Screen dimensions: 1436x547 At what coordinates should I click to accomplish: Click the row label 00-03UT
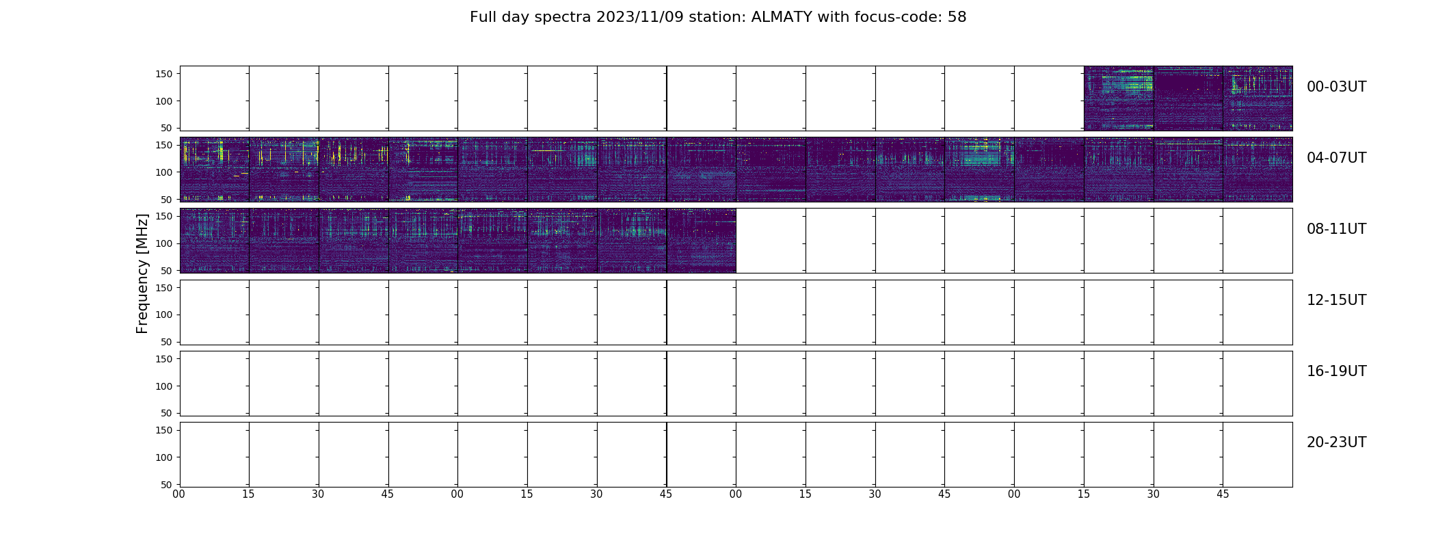click(1336, 87)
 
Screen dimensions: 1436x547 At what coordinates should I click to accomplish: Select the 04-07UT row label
click(1336, 158)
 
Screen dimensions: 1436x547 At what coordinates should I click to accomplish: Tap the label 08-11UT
click(1336, 229)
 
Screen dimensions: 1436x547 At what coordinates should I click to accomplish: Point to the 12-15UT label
click(1336, 300)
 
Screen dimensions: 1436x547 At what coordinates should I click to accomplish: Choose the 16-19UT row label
click(1336, 371)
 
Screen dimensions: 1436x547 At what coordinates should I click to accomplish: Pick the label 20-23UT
click(1336, 442)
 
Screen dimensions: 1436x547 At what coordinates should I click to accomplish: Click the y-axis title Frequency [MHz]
click(142, 273)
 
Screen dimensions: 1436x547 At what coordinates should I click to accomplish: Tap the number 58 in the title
click(957, 17)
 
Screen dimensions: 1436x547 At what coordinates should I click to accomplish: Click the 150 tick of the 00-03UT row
click(163, 75)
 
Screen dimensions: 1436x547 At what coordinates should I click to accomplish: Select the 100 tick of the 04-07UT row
click(163, 172)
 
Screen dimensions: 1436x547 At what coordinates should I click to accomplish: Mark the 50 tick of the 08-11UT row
click(167, 271)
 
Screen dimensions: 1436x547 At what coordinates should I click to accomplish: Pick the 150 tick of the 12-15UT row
click(163, 288)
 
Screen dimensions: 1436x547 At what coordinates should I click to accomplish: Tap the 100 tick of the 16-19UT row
click(163, 386)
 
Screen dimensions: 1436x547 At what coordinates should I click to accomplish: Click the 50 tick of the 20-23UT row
click(167, 485)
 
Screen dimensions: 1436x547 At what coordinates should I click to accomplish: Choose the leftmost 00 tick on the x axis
click(179, 494)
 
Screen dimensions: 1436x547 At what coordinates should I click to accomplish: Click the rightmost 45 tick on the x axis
click(1223, 494)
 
